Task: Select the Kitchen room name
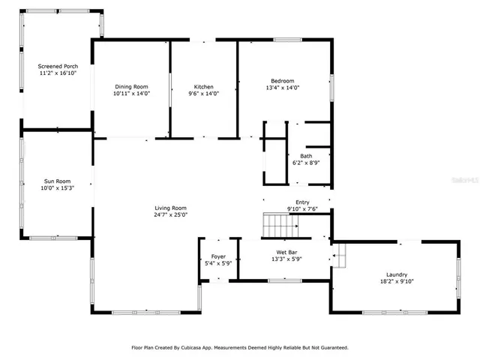tap(205, 86)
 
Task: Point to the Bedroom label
tap(283, 81)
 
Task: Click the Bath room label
tap(306, 156)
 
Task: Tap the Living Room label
tap(170, 208)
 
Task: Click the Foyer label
tap(218, 256)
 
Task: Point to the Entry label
tap(302, 202)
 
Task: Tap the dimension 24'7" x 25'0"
tap(170, 214)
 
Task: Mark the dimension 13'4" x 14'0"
tap(283, 88)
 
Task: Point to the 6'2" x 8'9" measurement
tap(306, 163)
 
